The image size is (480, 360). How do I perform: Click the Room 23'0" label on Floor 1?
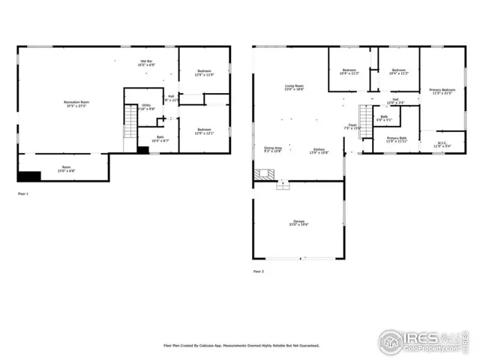[x=66, y=169]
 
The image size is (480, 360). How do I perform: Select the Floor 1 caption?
[x=25, y=193]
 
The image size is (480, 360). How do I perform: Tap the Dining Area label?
[x=272, y=149]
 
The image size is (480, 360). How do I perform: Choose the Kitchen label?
[x=319, y=150]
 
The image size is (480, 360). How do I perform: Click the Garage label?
[x=298, y=223]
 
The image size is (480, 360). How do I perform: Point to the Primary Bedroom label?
[x=442, y=91]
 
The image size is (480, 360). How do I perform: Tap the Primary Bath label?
[x=396, y=139]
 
